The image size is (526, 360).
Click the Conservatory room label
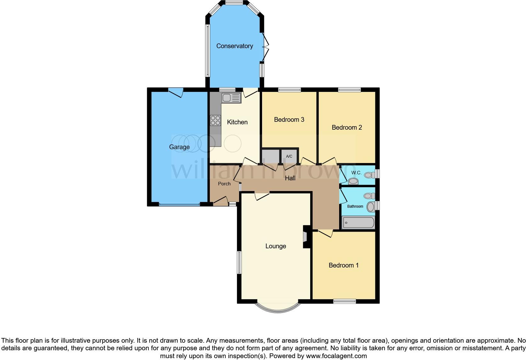pyautogui.click(x=234, y=46)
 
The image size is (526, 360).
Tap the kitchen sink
pyautogui.click(x=231, y=98)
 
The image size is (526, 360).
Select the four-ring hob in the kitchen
pyautogui.click(x=215, y=120)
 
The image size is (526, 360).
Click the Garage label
pyautogui.click(x=179, y=147)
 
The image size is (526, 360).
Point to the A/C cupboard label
pyautogui.click(x=289, y=156)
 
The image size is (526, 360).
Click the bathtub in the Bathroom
pyautogui.click(x=358, y=223)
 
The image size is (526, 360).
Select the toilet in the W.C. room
pyautogui.click(x=354, y=181)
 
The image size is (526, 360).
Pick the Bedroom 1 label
pyautogui.click(x=344, y=265)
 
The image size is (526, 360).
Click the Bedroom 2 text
pyautogui.click(x=347, y=127)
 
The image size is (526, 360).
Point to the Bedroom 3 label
pyautogui.click(x=289, y=120)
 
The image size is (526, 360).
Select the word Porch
pyautogui.click(x=224, y=184)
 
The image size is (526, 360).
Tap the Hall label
pyautogui.click(x=290, y=178)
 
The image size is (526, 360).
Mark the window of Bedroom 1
pyautogui.click(x=344, y=301)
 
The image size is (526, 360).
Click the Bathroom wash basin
pyautogui.click(x=371, y=207)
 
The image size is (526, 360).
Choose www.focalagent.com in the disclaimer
pyautogui.click(x=336, y=356)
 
